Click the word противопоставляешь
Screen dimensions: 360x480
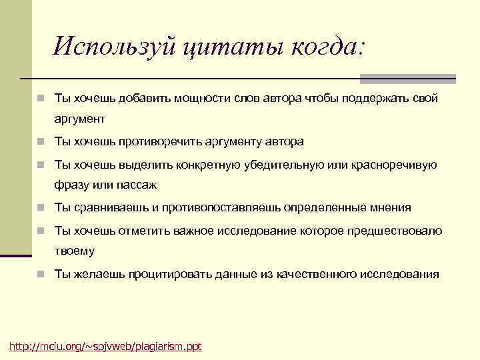point(217,207)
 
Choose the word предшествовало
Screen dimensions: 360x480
point(397,230)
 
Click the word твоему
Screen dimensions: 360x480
point(75,251)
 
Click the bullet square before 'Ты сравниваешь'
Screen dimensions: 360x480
point(41,208)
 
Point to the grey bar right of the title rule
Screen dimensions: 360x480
point(407,79)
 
